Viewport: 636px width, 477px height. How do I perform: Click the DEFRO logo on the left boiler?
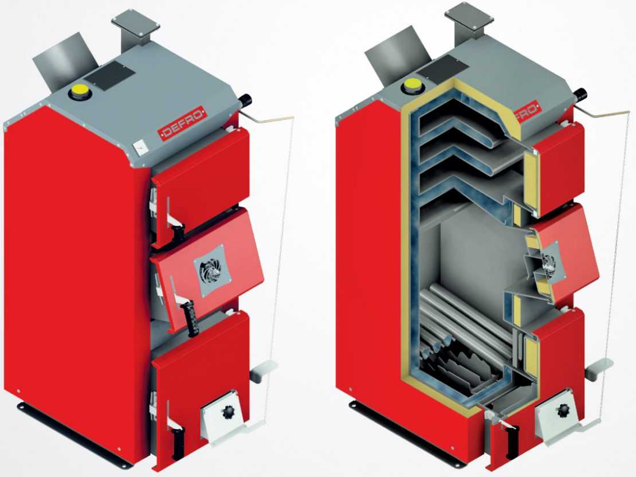pyautogui.click(x=183, y=123)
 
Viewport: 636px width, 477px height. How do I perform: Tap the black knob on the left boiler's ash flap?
pyautogui.click(x=226, y=413)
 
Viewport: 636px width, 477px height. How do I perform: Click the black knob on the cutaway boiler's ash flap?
pyautogui.click(x=563, y=410)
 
